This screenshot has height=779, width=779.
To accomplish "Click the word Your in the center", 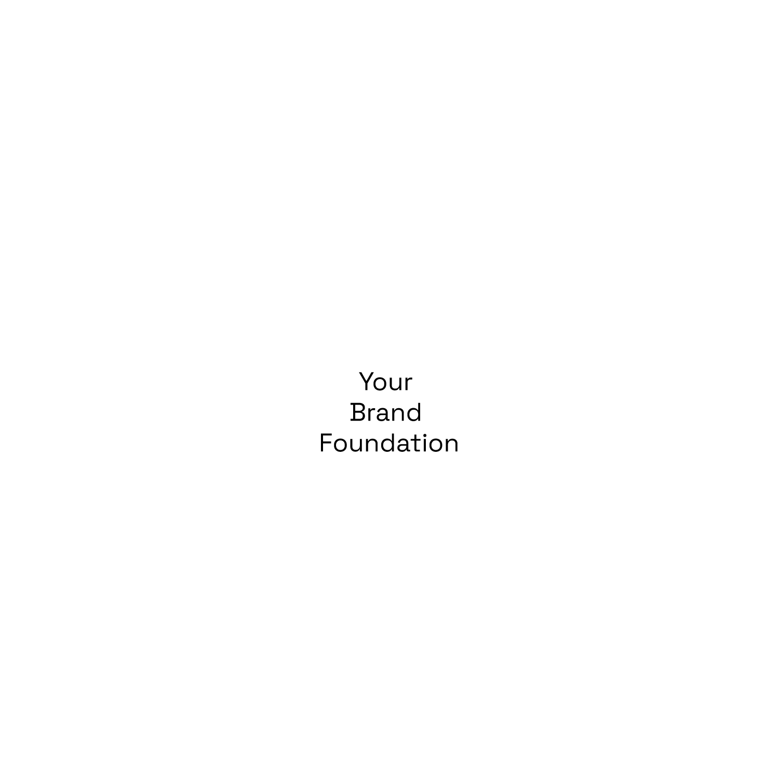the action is tap(385, 382).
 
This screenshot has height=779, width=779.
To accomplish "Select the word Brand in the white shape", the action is tap(386, 413).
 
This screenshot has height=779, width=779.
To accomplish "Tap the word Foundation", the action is tap(389, 444).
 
